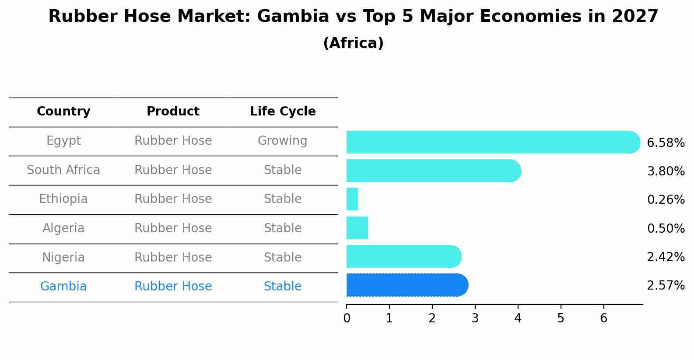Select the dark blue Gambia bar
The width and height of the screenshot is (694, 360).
(x=407, y=285)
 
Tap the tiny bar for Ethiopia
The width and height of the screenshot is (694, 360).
(x=352, y=199)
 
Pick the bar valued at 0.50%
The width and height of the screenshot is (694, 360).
(x=357, y=228)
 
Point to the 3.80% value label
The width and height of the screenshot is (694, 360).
(x=666, y=171)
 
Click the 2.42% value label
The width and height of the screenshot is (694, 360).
(x=666, y=257)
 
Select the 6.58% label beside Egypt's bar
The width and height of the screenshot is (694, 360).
(x=666, y=143)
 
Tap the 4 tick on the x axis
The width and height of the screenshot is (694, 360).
(x=518, y=318)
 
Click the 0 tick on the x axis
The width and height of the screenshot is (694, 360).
(x=347, y=318)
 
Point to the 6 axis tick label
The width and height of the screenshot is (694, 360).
(x=604, y=318)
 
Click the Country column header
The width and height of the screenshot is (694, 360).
(x=63, y=112)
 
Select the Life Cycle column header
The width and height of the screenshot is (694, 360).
(x=283, y=112)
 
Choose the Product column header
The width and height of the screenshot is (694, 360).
(x=173, y=112)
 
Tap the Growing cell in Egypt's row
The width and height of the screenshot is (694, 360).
(x=283, y=141)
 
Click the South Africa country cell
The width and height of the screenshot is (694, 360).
(x=63, y=170)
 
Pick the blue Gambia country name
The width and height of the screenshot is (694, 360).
(x=63, y=287)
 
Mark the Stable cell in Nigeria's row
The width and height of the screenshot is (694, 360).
(x=283, y=257)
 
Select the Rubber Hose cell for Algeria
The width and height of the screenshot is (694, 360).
(x=173, y=228)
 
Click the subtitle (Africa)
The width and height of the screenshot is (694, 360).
(x=353, y=43)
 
